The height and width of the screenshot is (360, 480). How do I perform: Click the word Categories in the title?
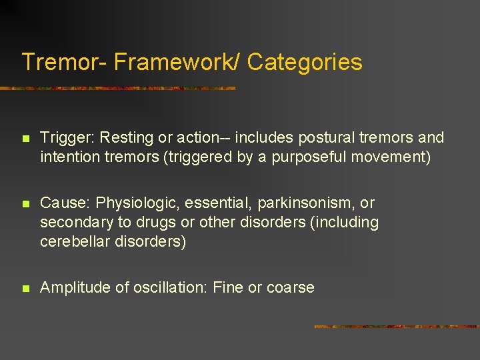coord(305,62)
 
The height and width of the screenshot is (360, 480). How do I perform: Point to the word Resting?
coord(125,138)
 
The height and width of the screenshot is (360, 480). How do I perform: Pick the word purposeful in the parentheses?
coord(308,158)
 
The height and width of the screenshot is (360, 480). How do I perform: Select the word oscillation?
coord(170,288)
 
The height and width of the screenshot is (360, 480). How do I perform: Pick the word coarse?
coord(290,288)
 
